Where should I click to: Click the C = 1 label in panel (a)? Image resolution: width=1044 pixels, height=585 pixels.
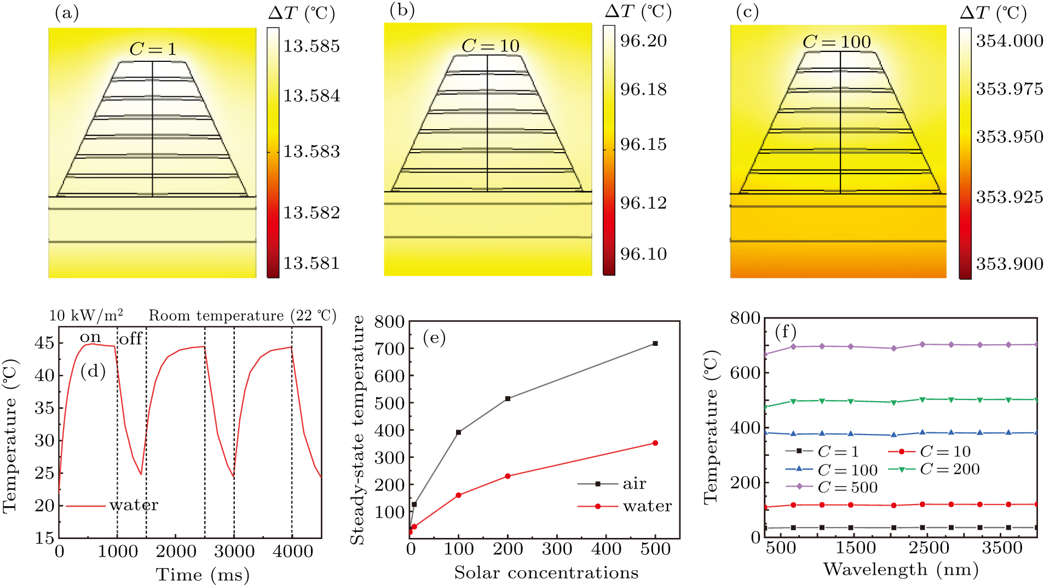(x=153, y=49)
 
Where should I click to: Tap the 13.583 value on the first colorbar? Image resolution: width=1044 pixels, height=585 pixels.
(x=311, y=151)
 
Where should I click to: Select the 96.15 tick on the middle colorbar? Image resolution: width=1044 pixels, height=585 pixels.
(x=643, y=144)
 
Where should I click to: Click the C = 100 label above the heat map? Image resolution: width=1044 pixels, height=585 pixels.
(x=837, y=42)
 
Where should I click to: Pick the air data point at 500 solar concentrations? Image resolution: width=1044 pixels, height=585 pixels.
(x=655, y=344)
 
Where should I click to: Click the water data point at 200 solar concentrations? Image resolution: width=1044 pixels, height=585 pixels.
(x=508, y=476)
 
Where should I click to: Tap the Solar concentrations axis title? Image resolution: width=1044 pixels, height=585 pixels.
(x=546, y=572)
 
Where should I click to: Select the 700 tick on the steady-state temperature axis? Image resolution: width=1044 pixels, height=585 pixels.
(x=389, y=349)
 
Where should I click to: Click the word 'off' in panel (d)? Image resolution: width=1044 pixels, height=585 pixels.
(x=131, y=339)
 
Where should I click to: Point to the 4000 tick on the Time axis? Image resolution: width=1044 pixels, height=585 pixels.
(x=292, y=551)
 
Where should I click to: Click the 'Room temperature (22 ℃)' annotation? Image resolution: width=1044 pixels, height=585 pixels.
(x=243, y=316)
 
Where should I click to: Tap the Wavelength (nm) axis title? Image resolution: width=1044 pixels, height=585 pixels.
(x=901, y=569)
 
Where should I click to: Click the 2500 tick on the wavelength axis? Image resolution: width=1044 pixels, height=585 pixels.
(x=928, y=548)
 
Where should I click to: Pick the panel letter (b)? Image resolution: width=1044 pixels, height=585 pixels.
(x=402, y=10)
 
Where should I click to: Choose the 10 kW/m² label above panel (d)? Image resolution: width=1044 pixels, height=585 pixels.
(x=86, y=315)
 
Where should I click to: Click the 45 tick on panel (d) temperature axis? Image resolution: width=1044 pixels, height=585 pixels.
(x=44, y=343)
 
